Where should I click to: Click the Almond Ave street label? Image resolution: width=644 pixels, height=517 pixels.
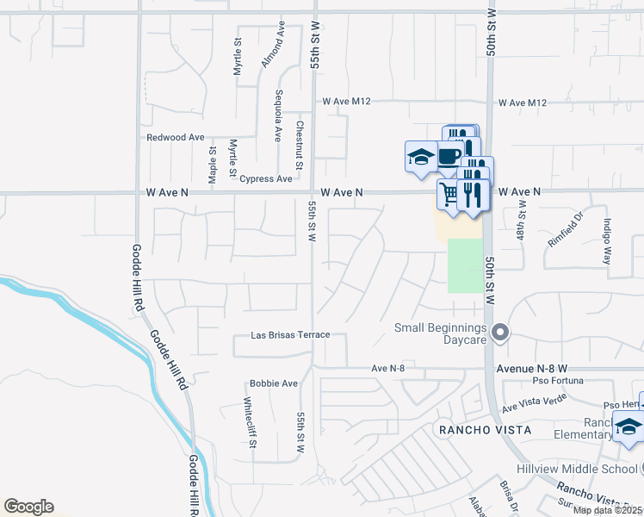pyautogui.click(x=273, y=46)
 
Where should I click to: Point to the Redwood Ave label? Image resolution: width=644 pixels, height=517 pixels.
pyautogui.click(x=176, y=137)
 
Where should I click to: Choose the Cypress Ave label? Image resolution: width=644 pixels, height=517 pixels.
pyautogui.click(x=266, y=179)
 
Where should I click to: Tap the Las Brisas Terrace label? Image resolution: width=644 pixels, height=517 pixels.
pyautogui.click(x=290, y=334)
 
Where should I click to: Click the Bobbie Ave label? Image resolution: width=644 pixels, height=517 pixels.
pyautogui.click(x=273, y=383)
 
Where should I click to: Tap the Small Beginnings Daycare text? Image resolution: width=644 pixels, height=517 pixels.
pyautogui.click(x=441, y=333)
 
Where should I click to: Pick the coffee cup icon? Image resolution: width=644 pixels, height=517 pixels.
pyautogui.click(x=448, y=156)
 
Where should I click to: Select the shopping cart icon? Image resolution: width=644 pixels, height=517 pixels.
pyautogui.click(x=448, y=192)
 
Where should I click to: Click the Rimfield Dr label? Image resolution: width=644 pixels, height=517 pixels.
pyautogui.click(x=566, y=230)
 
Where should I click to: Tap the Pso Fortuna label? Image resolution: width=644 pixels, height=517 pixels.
pyautogui.click(x=552, y=380)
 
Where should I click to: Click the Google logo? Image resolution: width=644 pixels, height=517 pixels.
pyautogui.click(x=28, y=507)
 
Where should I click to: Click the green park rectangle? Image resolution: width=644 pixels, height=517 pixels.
pyautogui.click(x=465, y=265)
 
